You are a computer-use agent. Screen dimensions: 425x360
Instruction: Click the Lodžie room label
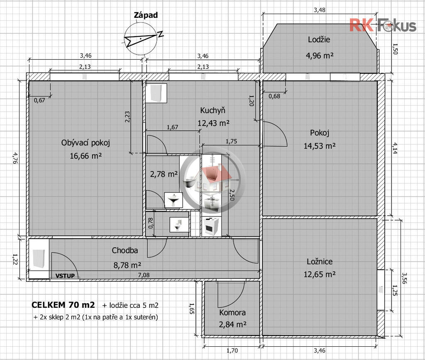[x=319, y=39]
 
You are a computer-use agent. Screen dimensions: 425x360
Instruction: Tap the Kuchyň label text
[x=213, y=110]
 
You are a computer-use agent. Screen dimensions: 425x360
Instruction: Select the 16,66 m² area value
[x=85, y=156]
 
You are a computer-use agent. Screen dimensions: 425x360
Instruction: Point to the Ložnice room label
[x=320, y=261]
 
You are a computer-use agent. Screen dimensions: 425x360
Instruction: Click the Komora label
[x=232, y=312]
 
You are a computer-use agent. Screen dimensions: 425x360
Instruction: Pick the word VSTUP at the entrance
[x=65, y=276]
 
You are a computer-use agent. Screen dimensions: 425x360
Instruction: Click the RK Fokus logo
[x=383, y=25]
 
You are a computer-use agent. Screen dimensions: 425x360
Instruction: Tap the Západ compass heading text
[x=146, y=15]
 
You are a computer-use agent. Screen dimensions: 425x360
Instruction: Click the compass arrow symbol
[x=141, y=39]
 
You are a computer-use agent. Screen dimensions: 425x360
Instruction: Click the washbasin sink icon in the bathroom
[x=173, y=200]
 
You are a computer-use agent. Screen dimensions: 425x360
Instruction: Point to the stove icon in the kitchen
[x=211, y=226]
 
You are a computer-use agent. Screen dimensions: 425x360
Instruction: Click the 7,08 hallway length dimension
[x=144, y=275]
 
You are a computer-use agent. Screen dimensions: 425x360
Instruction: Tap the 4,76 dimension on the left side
[x=15, y=158]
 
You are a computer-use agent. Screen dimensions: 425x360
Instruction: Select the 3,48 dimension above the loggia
[x=319, y=10]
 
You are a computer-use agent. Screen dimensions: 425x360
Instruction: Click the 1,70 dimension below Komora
[x=232, y=350]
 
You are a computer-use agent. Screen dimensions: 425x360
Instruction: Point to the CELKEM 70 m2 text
[x=63, y=305]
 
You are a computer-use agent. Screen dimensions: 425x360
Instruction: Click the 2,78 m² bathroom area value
[x=164, y=174]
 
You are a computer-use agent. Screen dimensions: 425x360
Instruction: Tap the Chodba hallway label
[x=125, y=250]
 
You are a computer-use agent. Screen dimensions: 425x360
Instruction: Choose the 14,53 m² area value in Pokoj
[x=320, y=146]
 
